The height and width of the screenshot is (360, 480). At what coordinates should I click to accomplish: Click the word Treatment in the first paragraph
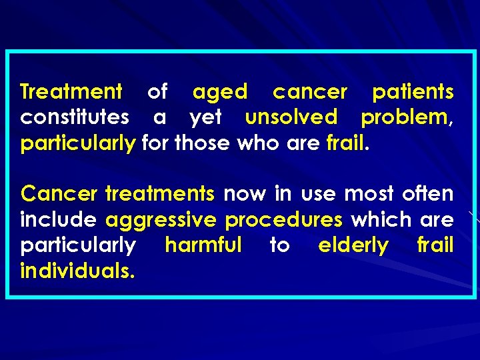coord(71,91)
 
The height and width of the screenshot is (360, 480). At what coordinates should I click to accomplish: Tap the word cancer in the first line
coord(310,91)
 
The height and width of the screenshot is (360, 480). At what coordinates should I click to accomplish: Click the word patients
coord(413,91)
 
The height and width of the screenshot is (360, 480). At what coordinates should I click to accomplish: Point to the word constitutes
coord(75,117)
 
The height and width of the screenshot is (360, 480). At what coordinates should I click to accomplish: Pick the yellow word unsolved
coord(291,117)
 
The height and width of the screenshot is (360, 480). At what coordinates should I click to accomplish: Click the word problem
coord(405,118)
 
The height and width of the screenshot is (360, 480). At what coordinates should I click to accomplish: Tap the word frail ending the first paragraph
coord(345,143)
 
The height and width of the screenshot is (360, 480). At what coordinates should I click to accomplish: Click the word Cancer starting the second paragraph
coord(59,194)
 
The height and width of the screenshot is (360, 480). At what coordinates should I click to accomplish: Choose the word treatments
coord(159,194)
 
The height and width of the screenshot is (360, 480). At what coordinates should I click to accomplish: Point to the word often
coord(428,194)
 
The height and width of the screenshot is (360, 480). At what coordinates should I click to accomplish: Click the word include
coord(59,219)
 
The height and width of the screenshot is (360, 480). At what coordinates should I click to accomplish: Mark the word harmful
coord(203,245)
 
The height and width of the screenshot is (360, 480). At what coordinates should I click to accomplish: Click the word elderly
coord(353,246)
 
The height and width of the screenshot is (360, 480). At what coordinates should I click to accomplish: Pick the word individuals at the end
coord(77,270)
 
